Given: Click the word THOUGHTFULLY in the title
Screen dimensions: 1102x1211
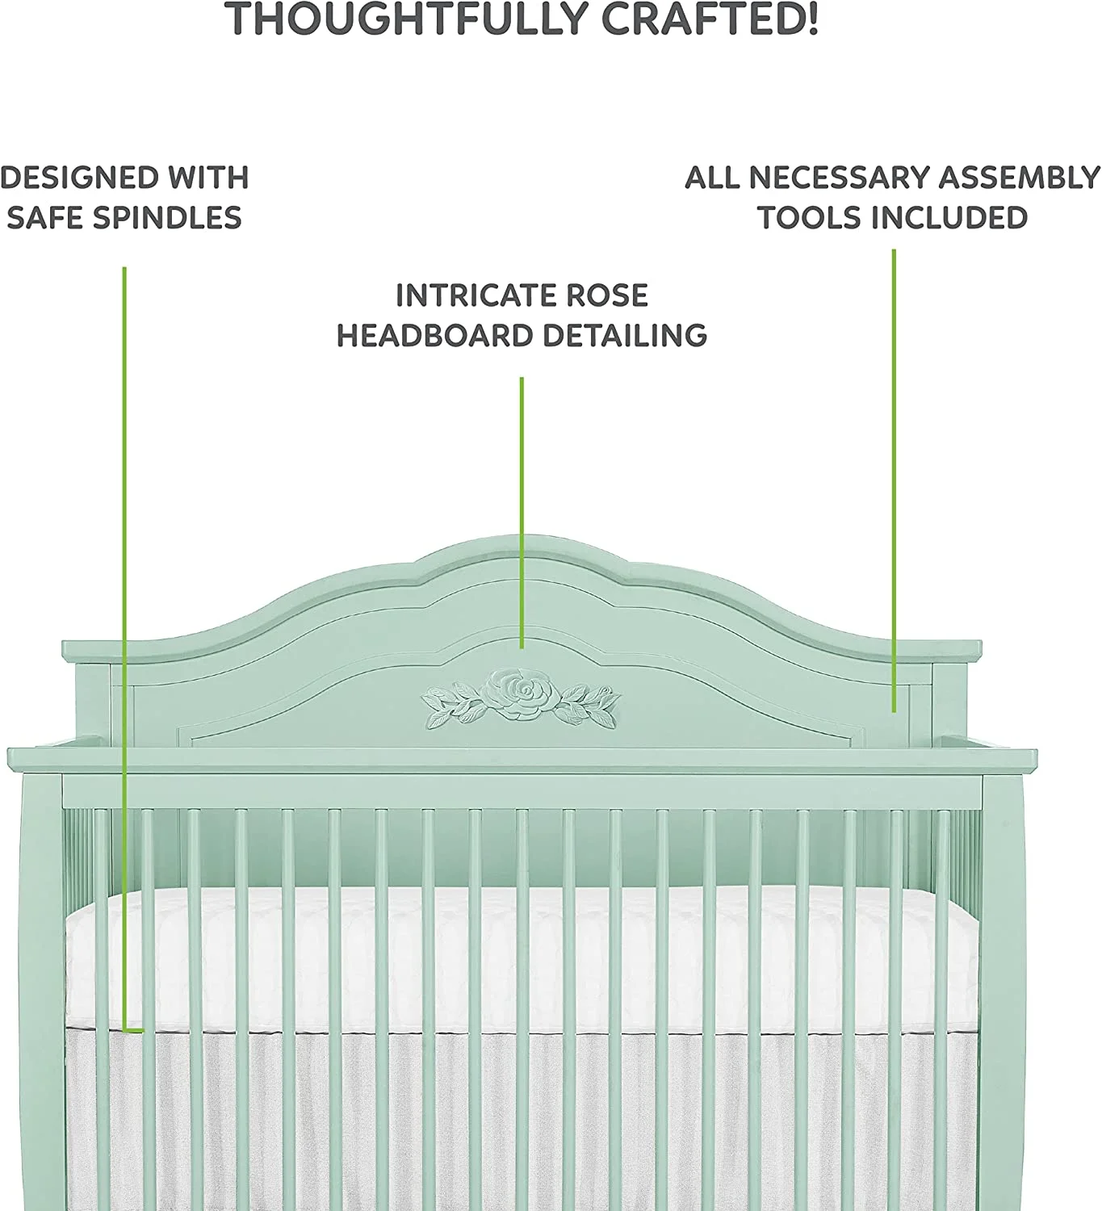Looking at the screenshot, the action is (x=408, y=19).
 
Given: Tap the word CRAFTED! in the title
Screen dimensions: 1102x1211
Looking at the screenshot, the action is (x=710, y=19).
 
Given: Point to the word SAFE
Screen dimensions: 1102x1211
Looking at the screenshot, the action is (x=44, y=218).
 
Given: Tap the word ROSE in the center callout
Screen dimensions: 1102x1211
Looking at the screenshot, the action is (x=606, y=295).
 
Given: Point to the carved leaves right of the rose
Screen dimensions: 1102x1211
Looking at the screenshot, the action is (x=590, y=702).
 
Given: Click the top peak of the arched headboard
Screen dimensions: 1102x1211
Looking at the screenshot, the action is (x=522, y=538).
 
